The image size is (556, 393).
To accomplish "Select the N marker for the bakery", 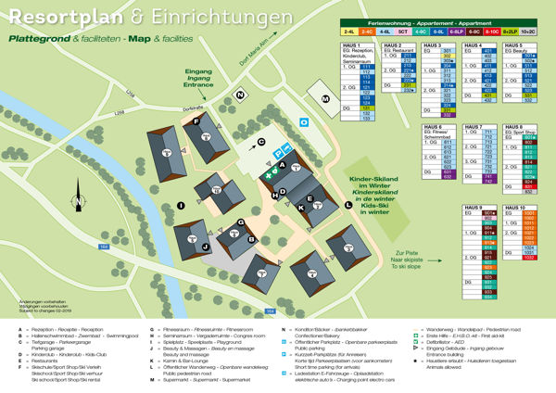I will click(240, 95).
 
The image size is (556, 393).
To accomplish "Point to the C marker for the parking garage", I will click(261, 142).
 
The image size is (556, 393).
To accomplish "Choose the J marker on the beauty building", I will click(204, 246).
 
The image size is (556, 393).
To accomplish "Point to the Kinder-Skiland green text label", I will click(375, 194).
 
